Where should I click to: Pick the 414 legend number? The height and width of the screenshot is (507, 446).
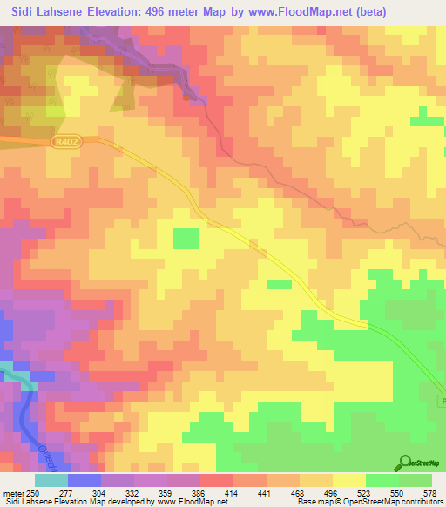(x=232, y=495)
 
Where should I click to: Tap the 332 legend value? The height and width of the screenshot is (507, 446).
(x=133, y=495)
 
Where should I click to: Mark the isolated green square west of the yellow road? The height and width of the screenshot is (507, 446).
(x=186, y=239)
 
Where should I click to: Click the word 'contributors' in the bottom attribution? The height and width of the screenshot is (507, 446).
(x=419, y=503)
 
